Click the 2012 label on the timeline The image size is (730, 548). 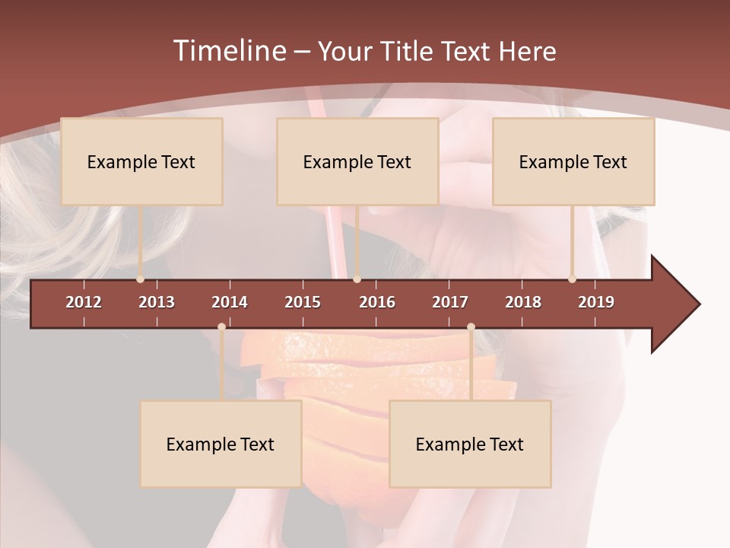pyautogui.click(x=84, y=302)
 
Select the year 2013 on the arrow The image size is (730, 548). pyautogui.click(x=157, y=302)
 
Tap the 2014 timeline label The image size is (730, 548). pyautogui.click(x=230, y=302)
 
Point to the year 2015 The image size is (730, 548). pyautogui.click(x=303, y=302)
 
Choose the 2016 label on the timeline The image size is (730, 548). pyautogui.click(x=377, y=302)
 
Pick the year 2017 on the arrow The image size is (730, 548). pyautogui.click(x=450, y=302)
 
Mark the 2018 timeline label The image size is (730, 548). pyautogui.click(x=523, y=302)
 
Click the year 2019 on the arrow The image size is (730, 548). pyautogui.click(x=596, y=302)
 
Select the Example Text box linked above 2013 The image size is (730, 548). pyautogui.click(x=141, y=161)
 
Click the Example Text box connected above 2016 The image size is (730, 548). pyautogui.click(x=357, y=161)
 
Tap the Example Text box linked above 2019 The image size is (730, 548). pyautogui.click(x=573, y=161)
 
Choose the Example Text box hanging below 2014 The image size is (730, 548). pyautogui.click(x=221, y=444)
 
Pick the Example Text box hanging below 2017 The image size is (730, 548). pyautogui.click(x=470, y=444)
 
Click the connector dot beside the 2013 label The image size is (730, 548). pyautogui.click(x=140, y=279)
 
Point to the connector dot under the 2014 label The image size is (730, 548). pyautogui.click(x=221, y=327)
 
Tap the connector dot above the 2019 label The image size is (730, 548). pyautogui.click(x=572, y=279)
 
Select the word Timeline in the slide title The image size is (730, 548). pyautogui.click(x=229, y=51)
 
